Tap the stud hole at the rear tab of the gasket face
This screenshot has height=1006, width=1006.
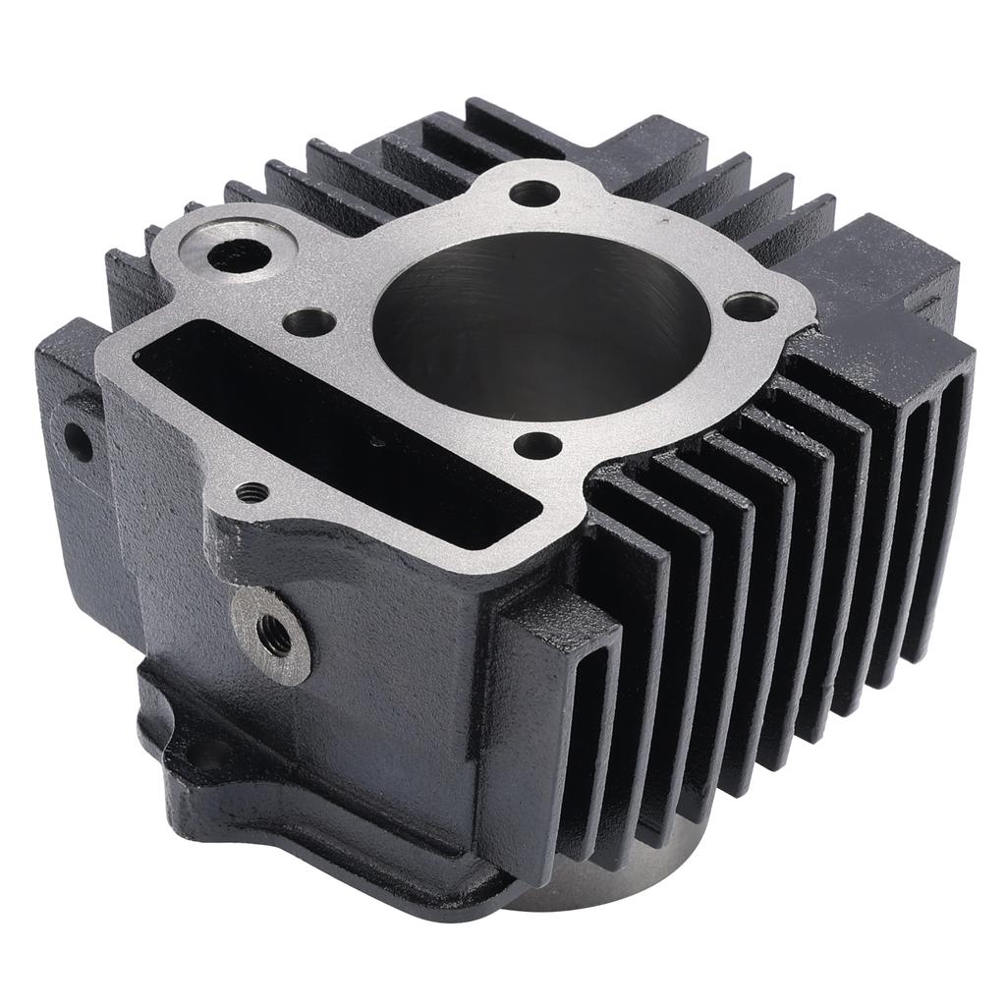click(534, 193)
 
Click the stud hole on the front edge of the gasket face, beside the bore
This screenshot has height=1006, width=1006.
click(538, 445)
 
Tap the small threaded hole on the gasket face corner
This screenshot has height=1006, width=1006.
click(252, 492)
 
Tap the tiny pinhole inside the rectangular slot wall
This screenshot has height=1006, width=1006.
click(377, 443)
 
